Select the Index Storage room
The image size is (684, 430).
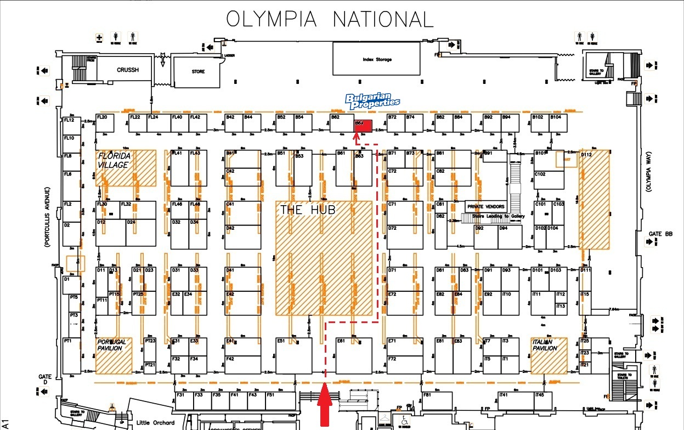pos(377,59)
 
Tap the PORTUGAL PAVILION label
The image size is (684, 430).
pos(112,345)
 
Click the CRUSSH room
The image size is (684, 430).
pos(127,70)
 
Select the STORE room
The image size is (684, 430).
pos(198,71)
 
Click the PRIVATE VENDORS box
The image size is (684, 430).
pos(486,206)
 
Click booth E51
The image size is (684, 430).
pos(293,355)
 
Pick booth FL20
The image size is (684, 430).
pos(104,123)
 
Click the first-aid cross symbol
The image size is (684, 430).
pos(99,38)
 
